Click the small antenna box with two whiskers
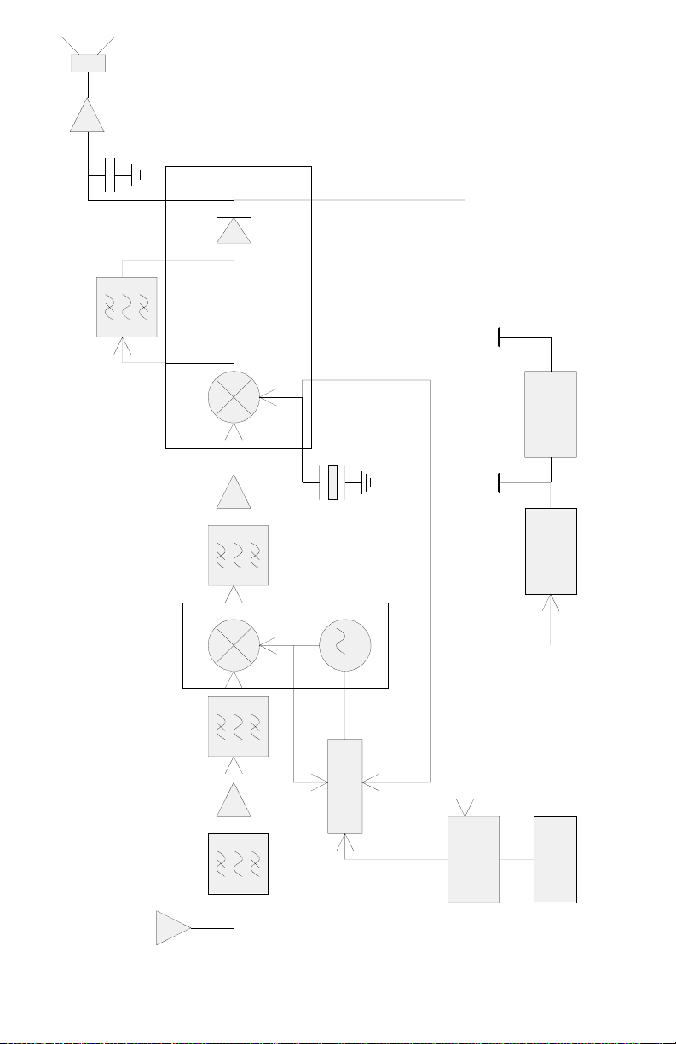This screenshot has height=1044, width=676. tap(88, 62)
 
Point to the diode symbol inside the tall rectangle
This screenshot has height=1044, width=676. tap(234, 228)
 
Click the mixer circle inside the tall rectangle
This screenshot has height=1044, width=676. tap(234, 396)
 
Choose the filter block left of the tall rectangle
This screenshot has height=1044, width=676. tap(127, 307)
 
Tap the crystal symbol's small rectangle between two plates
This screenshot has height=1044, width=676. tap(333, 482)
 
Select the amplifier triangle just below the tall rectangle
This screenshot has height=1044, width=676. tap(234, 493)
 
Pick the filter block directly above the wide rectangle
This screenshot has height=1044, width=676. tap(238, 556)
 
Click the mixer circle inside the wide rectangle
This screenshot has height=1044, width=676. tap(234, 645)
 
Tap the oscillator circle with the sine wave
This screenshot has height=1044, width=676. tap(344, 645)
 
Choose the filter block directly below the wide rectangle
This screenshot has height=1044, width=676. tap(238, 727)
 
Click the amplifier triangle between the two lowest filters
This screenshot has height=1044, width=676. tap(234, 802)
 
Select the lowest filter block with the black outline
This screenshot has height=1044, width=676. tap(238, 863)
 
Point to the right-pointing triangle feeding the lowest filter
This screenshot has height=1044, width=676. tap(173, 927)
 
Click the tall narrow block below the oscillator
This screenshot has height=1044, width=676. tap(345, 787)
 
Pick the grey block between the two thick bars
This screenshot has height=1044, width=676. tap(551, 413)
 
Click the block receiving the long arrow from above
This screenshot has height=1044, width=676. tap(473, 858)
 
